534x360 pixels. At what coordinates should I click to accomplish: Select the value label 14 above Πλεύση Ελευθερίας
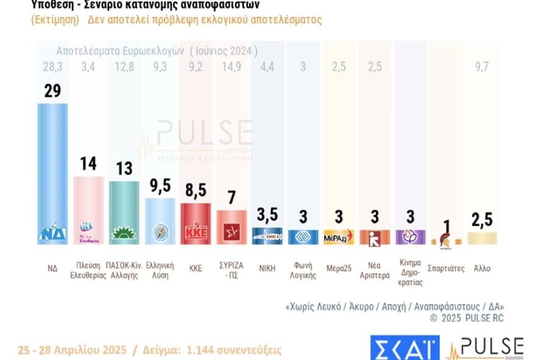coord(88,164)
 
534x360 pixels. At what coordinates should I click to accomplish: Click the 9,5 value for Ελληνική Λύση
coord(160,185)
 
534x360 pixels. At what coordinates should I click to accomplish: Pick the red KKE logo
coord(196,233)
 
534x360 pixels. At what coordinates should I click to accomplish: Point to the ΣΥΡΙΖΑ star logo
coord(231,233)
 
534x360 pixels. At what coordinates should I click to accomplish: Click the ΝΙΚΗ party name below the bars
coord(267,268)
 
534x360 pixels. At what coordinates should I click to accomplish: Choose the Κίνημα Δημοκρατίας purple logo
coord(410,236)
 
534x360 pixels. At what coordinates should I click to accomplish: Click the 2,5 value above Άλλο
coord(482,220)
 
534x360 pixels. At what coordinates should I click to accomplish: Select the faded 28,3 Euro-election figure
coord(52,67)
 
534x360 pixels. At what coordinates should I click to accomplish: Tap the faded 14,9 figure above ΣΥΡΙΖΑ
coord(231,67)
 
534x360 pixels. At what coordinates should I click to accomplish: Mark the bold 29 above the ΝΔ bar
coord(52,91)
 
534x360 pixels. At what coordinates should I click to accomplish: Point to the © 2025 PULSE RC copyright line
coord(467,318)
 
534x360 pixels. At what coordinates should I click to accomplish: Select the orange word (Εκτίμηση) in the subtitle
coord(55,20)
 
